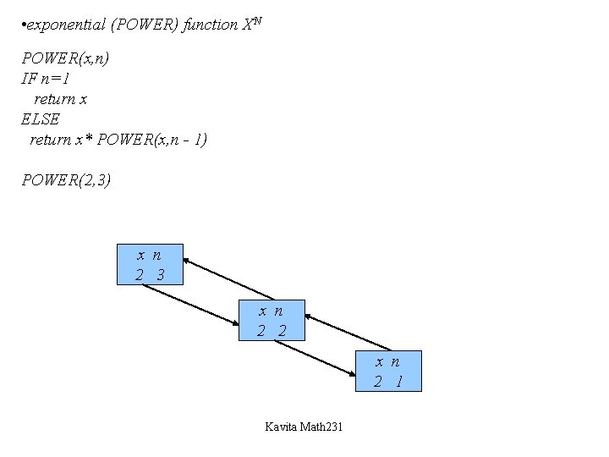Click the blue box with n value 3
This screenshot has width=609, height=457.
[x=149, y=264]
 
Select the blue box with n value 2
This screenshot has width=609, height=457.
[x=272, y=320]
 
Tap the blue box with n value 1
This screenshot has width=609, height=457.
[x=387, y=371]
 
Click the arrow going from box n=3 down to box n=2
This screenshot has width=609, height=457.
[x=191, y=305]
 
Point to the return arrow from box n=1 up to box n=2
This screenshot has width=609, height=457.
[x=348, y=332]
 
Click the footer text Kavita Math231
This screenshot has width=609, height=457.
[x=304, y=427]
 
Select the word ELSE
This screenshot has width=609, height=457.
[x=41, y=119]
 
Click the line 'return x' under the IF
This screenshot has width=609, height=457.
[x=60, y=99]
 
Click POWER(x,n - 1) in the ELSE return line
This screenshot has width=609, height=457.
[x=152, y=140]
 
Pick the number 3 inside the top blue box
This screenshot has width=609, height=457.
[x=160, y=275]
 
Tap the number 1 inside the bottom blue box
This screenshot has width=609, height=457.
[x=398, y=382]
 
